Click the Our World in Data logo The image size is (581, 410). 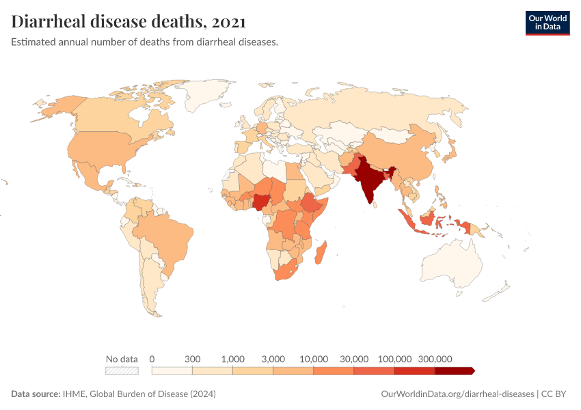[547, 23]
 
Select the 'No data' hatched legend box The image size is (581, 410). [122, 370]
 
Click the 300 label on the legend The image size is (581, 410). [192, 359]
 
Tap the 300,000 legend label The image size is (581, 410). [435, 359]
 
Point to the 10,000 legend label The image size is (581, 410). [314, 359]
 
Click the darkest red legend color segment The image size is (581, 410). [452, 370]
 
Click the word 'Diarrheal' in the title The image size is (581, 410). [56, 22]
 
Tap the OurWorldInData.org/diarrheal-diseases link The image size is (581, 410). [457, 394]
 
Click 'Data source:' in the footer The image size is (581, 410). [36, 394]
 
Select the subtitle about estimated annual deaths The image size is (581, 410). [144, 42]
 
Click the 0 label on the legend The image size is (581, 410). [152, 359]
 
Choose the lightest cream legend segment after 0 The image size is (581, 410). [172, 370]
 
